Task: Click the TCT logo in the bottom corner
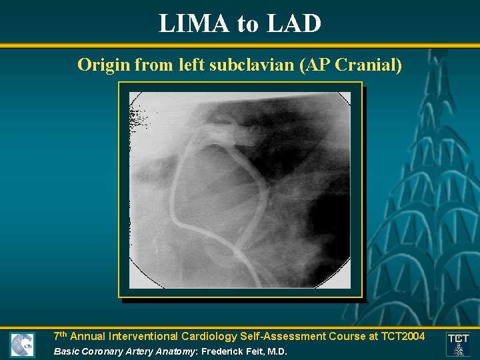pos(458,343)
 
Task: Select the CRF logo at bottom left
pos(23,345)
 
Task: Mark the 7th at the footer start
pos(60,336)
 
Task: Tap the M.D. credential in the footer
pos(276,351)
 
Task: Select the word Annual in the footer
pos(89,337)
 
